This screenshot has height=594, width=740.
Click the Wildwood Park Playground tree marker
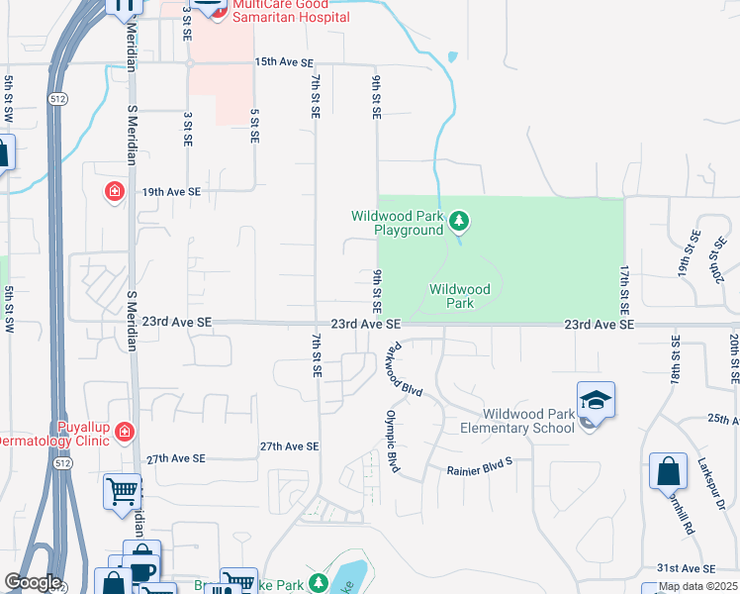[458, 221]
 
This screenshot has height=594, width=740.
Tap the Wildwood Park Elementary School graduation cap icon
[596, 401]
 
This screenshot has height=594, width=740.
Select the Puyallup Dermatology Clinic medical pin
[124, 431]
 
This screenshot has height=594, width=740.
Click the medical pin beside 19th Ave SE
[116, 190]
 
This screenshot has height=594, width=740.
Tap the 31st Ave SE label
[686, 568]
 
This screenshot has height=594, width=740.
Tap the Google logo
[32, 582]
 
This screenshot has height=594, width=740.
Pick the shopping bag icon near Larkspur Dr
[668, 471]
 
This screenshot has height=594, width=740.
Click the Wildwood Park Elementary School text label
[517, 421]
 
